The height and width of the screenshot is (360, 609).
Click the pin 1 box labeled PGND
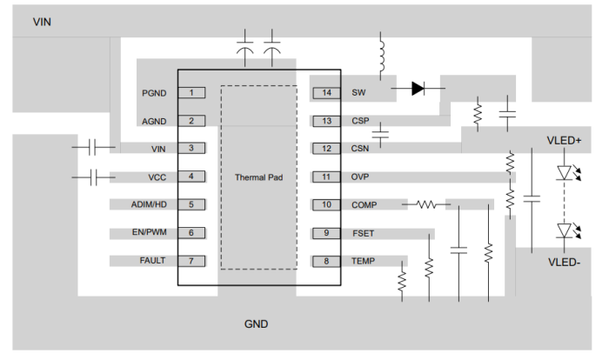(191, 92)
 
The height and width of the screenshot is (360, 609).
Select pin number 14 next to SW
(326, 92)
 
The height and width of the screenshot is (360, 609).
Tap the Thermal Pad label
(258, 177)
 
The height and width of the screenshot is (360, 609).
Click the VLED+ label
(564, 140)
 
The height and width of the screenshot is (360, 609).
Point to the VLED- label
(564, 261)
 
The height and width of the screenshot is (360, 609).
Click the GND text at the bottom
(256, 324)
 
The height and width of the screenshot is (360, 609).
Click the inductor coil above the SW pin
(380, 56)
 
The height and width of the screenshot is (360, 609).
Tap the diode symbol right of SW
(418, 88)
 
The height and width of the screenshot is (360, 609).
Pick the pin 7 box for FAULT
(191, 260)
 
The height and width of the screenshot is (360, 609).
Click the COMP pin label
(365, 205)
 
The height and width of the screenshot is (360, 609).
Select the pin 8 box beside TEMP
(326, 260)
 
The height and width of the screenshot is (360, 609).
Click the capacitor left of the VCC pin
(94, 177)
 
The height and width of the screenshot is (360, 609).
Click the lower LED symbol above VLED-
(566, 230)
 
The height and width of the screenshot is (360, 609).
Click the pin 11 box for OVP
(326, 177)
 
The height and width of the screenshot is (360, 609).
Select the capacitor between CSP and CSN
(380, 134)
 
